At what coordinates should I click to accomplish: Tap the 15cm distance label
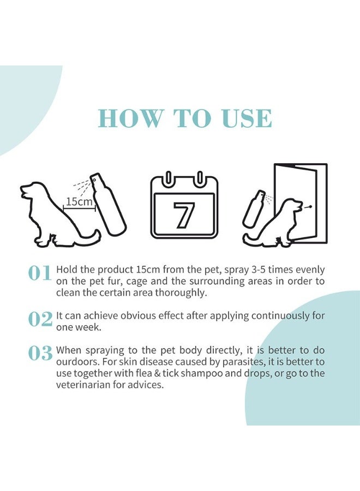point(79,202)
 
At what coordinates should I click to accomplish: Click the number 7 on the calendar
point(184,214)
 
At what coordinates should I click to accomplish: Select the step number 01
point(40,273)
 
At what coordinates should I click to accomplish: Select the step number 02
point(40,319)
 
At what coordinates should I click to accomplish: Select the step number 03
point(40,354)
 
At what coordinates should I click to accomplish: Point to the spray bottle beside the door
point(254,208)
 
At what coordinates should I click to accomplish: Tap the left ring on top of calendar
point(169,178)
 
